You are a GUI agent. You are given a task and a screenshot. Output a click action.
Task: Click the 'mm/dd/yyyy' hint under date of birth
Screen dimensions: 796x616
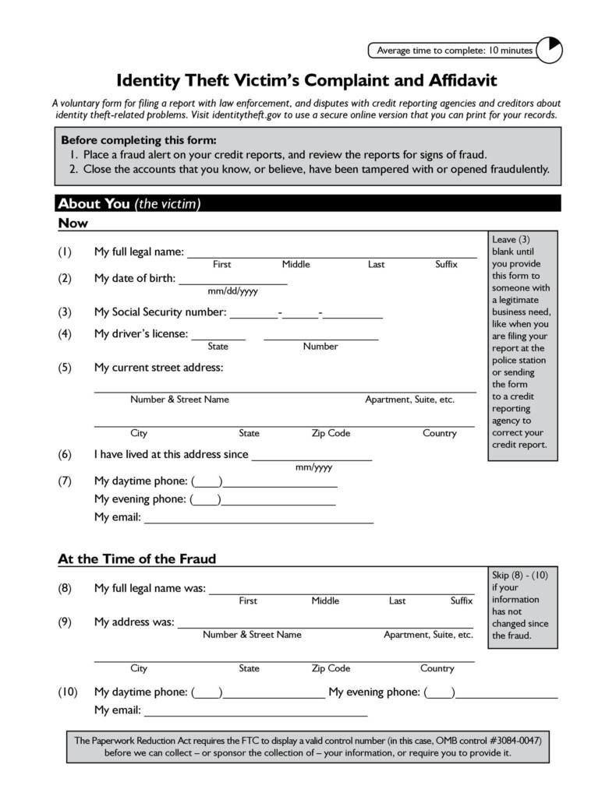pyautogui.click(x=232, y=292)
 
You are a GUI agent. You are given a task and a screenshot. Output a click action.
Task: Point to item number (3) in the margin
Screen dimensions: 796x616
pyautogui.click(x=65, y=312)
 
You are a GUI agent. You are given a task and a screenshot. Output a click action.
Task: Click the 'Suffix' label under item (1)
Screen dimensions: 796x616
pyautogui.click(x=446, y=265)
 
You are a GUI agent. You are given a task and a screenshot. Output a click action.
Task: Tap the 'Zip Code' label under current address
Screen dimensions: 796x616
pyautogui.click(x=331, y=433)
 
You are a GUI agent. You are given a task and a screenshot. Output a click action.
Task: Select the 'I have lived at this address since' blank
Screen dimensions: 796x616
pyautogui.click(x=312, y=456)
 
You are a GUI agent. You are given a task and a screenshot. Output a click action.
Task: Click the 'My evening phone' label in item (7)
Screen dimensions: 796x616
pyautogui.click(x=140, y=499)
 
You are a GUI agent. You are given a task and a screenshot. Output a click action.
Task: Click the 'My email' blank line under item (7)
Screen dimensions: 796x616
pyautogui.click(x=258, y=520)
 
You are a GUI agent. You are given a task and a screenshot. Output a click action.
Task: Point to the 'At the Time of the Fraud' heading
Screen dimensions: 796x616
pyautogui.click(x=137, y=558)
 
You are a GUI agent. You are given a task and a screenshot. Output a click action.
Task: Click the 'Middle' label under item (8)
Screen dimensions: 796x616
pyautogui.click(x=325, y=601)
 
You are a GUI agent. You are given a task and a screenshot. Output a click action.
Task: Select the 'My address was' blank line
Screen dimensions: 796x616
pyautogui.click(x=325, y=624)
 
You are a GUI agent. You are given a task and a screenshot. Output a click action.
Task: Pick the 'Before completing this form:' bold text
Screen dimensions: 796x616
pyautogui.click(x=138, y=140)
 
